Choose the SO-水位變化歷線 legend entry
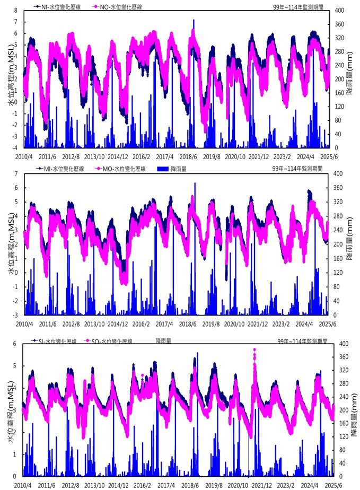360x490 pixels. tap(111, 341)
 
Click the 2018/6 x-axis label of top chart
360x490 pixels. tap(189, 156)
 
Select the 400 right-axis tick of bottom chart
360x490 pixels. tap(339, 344)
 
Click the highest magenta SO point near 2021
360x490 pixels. tap(254, 350)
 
